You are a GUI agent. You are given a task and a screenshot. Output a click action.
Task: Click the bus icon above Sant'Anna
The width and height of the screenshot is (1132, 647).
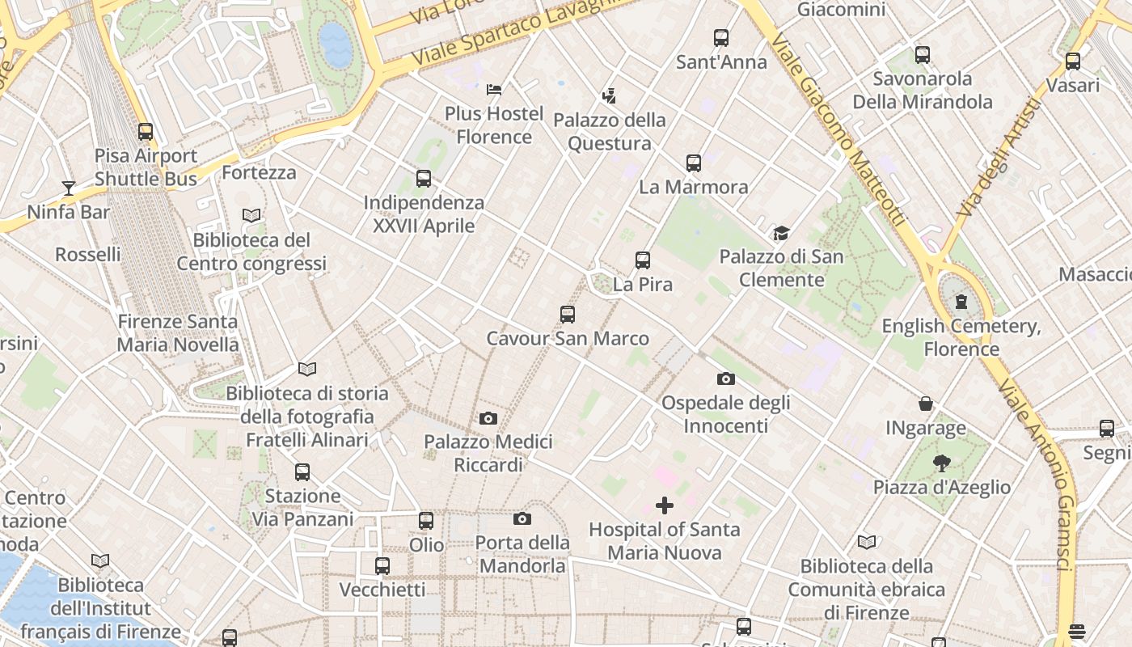[720, 38]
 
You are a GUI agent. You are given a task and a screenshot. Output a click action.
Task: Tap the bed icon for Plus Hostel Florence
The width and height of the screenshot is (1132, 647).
[494, 89]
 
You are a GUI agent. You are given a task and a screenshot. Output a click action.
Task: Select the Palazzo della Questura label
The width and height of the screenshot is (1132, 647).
[610, 132]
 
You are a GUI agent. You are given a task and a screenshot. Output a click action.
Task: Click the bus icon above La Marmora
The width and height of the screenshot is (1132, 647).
[693, 163]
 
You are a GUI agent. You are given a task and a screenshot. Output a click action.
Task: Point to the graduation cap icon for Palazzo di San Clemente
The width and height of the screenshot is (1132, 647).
[781, 234]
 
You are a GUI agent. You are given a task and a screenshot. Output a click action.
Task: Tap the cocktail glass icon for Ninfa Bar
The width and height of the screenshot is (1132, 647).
[69, 188]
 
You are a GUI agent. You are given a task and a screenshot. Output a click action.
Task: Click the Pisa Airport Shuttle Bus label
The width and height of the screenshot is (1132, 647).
[146, 167]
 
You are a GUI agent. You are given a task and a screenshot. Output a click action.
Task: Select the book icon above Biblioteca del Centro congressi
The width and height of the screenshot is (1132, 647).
[251, 216]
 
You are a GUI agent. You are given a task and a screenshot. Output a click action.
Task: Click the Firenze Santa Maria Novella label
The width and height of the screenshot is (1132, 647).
[178, 333]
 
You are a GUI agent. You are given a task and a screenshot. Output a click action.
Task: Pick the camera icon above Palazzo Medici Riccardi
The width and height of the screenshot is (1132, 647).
[488, 418]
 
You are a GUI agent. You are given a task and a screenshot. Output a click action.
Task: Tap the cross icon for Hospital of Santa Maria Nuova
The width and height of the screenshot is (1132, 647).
[664, 505]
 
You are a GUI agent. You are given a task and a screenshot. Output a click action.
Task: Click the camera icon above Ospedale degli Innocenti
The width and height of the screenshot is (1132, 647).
[725, 378]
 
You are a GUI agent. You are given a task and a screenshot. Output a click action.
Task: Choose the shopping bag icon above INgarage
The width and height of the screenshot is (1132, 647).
[926, 404]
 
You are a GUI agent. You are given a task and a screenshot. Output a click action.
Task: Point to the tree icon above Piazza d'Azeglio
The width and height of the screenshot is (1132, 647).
[941, 463]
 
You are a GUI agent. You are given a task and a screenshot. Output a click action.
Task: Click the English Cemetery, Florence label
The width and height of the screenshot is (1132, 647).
[961, 338]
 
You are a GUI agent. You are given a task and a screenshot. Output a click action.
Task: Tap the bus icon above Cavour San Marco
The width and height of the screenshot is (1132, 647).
[567, 315]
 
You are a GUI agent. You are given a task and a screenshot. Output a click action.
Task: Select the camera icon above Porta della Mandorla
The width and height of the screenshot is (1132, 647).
[522, 518]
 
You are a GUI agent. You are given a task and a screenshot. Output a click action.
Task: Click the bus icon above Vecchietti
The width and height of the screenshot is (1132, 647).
[382, 566]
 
